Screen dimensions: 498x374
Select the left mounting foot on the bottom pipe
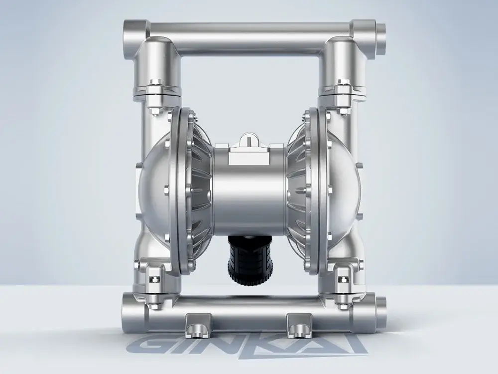[199, 325]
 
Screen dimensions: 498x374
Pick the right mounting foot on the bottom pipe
[299, 325]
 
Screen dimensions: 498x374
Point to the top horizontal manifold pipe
[250, 37]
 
